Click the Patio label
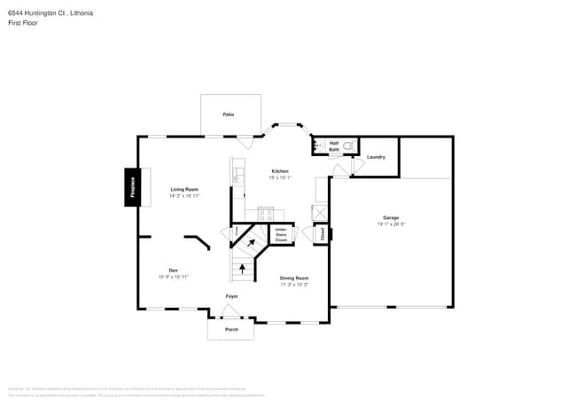tap(229, 114)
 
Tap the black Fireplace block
tap(132, 187)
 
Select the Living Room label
tap(184, 189)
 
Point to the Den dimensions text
tap(173, 277)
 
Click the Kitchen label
tap(280, 171)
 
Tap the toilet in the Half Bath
tap(348, 145)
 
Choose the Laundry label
tap(376, 157)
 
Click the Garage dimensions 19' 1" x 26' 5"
tap(391, 224)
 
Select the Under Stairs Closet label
tap(281, 234)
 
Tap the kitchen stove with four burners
tap(265, 213)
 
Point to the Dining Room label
tap(294, 278)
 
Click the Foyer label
tap(231, 295)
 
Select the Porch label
tap(231, 329)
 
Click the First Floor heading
tap(21, 23)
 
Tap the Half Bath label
tap(334, 146)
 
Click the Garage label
tap(391, 217)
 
